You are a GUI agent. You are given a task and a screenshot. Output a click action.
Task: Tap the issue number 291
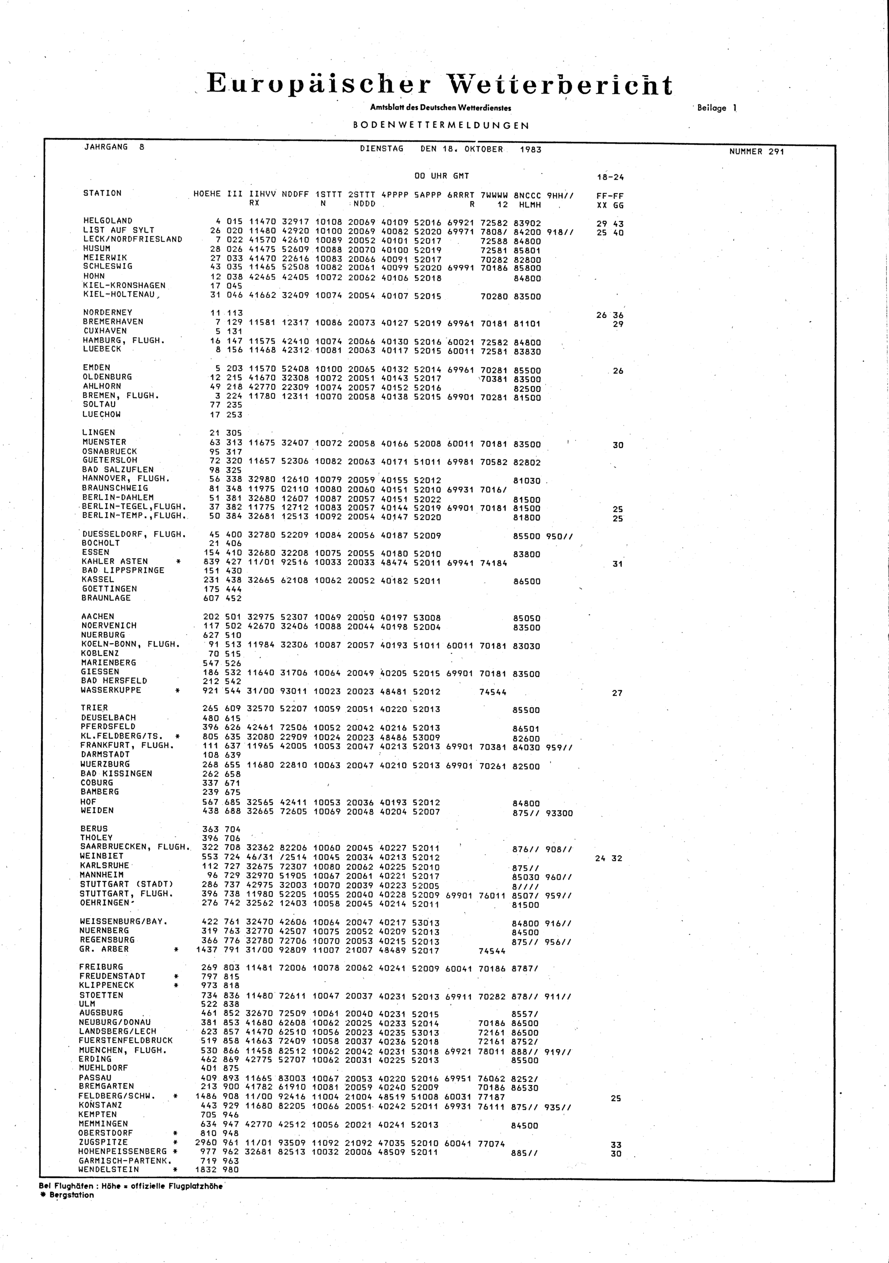click(777, 152)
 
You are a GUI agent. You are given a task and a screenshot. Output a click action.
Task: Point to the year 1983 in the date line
click(530, 150)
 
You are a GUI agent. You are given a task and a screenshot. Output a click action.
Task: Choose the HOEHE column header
click(207, 194)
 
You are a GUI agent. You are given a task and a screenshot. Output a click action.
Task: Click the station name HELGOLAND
click(108, 221)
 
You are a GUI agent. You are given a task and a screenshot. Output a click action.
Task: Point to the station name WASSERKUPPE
click(111, 690)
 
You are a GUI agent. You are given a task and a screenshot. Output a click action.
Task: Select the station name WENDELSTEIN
click(108, 1170)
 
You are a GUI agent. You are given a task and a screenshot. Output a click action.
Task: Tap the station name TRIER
click(94, 708)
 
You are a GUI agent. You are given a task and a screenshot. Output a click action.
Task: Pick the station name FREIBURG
click(101, 967)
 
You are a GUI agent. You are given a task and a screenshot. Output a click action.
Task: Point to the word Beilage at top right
click(711, 108)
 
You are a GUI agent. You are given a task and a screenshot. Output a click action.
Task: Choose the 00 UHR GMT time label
click(441, 176)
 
